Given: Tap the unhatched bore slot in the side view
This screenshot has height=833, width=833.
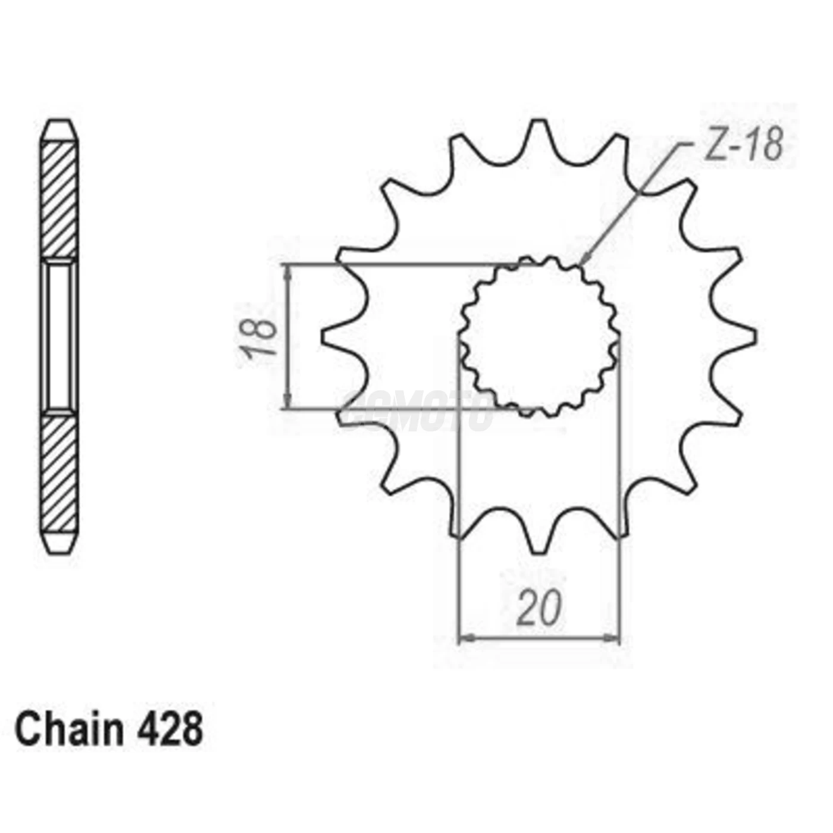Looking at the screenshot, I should (59, 336).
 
